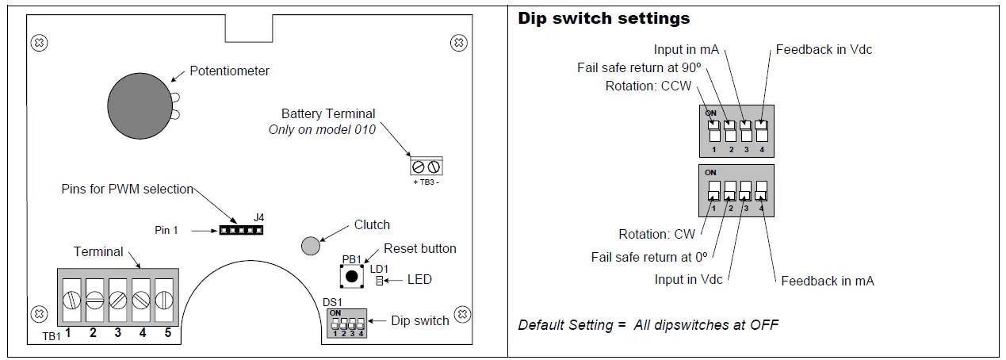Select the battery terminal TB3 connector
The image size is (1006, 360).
(426, 167)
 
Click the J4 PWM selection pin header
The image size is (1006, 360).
(241, 230)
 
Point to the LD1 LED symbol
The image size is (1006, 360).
(380, 281)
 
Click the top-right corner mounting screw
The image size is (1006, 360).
(457, 41)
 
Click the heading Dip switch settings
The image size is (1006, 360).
(603, 17)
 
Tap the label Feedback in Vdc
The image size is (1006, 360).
(824, 49)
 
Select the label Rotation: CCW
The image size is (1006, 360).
(648, 86)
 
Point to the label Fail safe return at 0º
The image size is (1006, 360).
(649, 256)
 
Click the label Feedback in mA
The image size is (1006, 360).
(827, 281)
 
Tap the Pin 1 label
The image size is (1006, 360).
(166, 230)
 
